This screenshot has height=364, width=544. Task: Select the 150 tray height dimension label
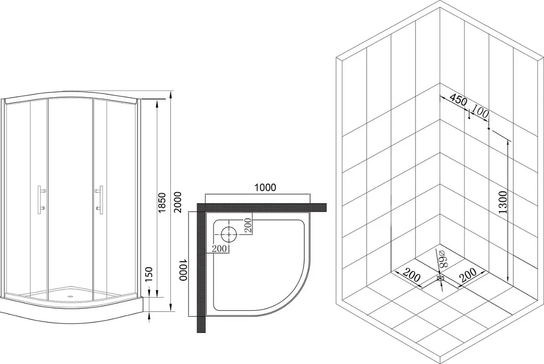[148, 274]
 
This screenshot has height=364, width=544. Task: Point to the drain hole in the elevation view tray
[71, 297]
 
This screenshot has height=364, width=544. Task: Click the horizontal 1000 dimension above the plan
[265, 187]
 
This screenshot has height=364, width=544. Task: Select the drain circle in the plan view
[228, 234]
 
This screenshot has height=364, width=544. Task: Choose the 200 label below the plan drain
[219, 249]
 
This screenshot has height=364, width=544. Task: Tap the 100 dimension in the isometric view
[480, 113]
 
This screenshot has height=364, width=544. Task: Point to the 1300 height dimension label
[503, 202]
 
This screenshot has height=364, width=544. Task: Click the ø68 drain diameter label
[441, 258]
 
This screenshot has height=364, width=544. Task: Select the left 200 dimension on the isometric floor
[411, 275]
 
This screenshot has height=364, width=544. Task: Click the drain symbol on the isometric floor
[441, 278]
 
